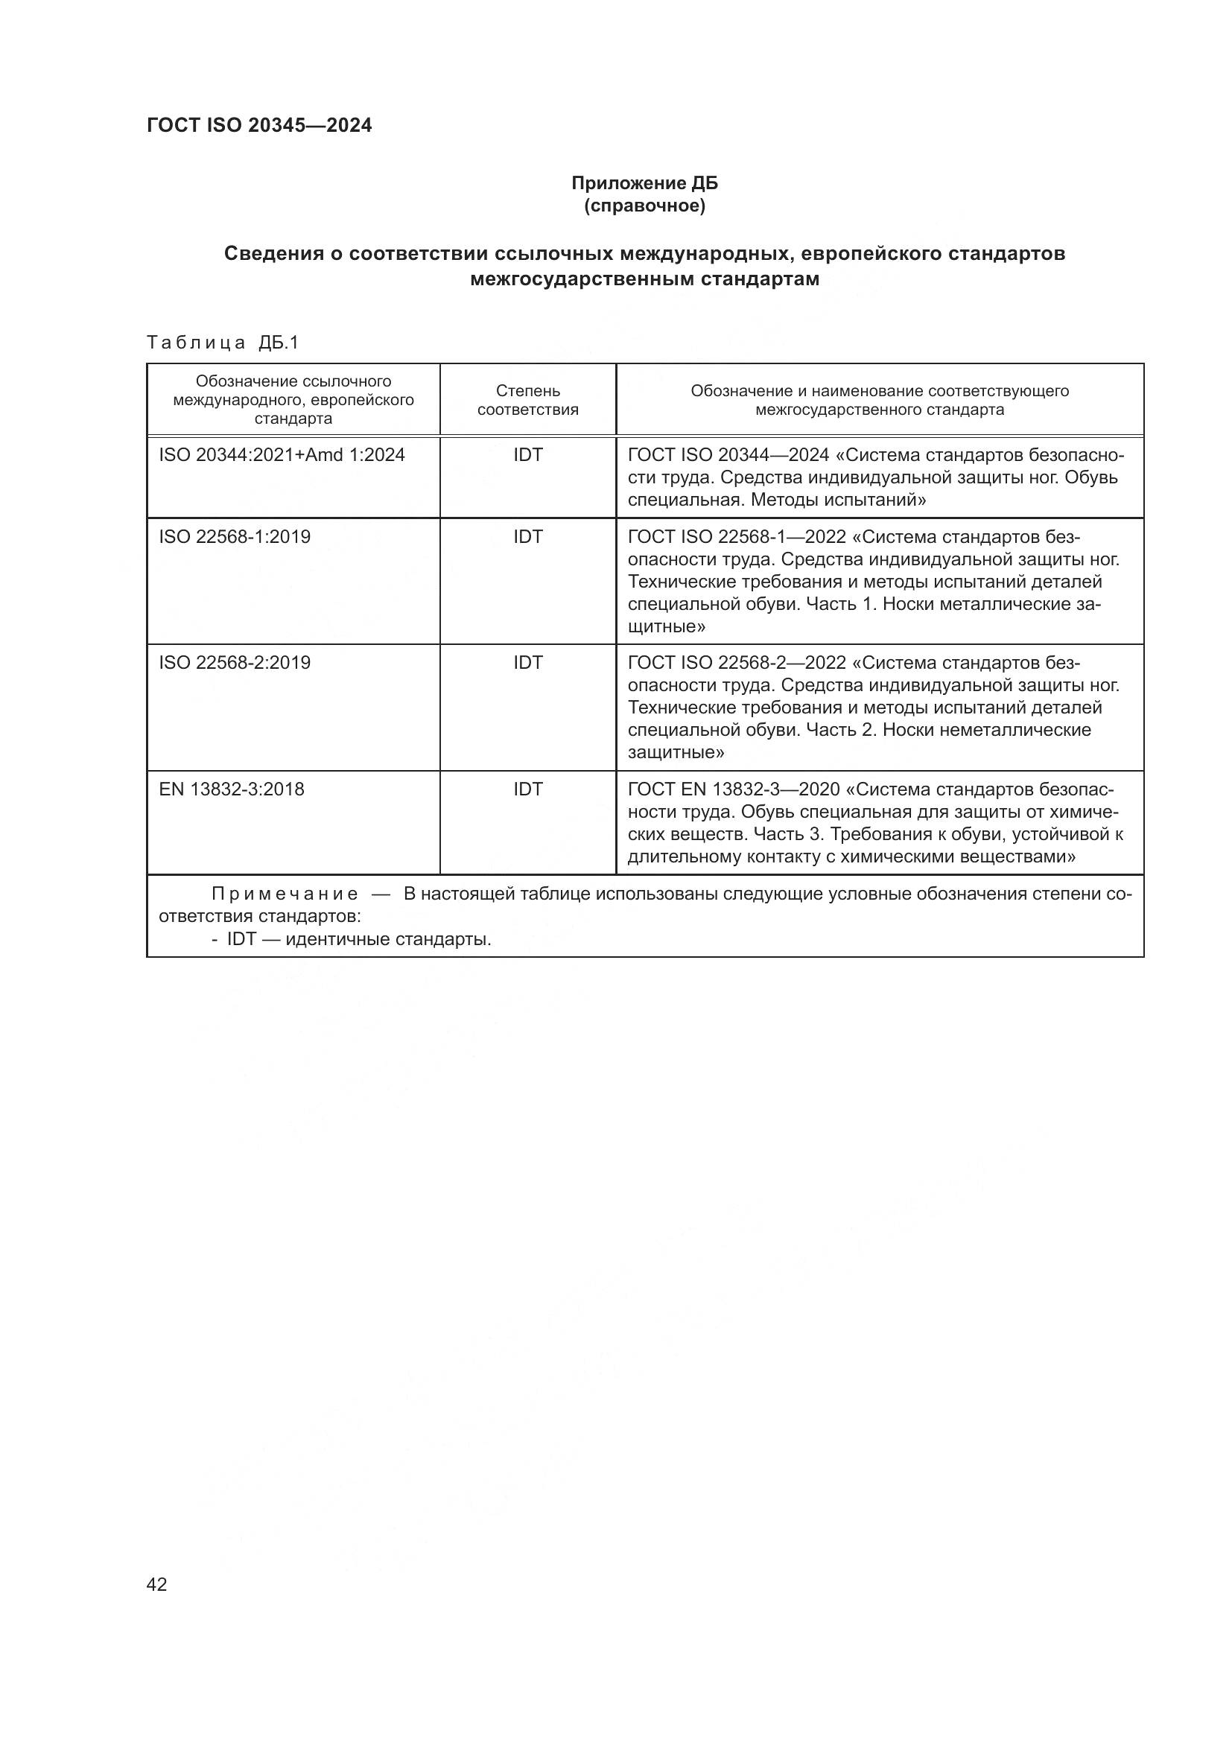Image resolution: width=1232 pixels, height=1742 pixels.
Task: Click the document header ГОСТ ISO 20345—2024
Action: tap(259, 125)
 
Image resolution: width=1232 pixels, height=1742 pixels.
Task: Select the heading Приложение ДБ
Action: tap(644, 183)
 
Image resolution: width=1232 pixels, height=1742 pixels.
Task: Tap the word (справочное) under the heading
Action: tap(644, 206)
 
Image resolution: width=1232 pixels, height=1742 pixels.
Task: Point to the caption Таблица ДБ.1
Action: tap(223, 342)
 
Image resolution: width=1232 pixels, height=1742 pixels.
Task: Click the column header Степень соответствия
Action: tap(528, 400)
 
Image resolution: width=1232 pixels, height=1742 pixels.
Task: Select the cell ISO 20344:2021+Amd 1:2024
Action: tap(282, 455)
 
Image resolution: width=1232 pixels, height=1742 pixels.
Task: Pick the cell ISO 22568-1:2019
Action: tap(235, 537)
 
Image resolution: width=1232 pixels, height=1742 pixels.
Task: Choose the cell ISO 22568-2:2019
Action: tap(235, 663)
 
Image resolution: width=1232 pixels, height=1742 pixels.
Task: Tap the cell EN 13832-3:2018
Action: tap(232, 789)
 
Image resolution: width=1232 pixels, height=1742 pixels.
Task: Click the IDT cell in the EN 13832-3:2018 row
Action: tap(528, 789)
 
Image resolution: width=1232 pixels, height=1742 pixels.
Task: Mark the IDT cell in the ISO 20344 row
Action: tap(528, 455)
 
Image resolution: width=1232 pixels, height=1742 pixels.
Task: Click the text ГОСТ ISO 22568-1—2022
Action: tap(737, 537)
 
